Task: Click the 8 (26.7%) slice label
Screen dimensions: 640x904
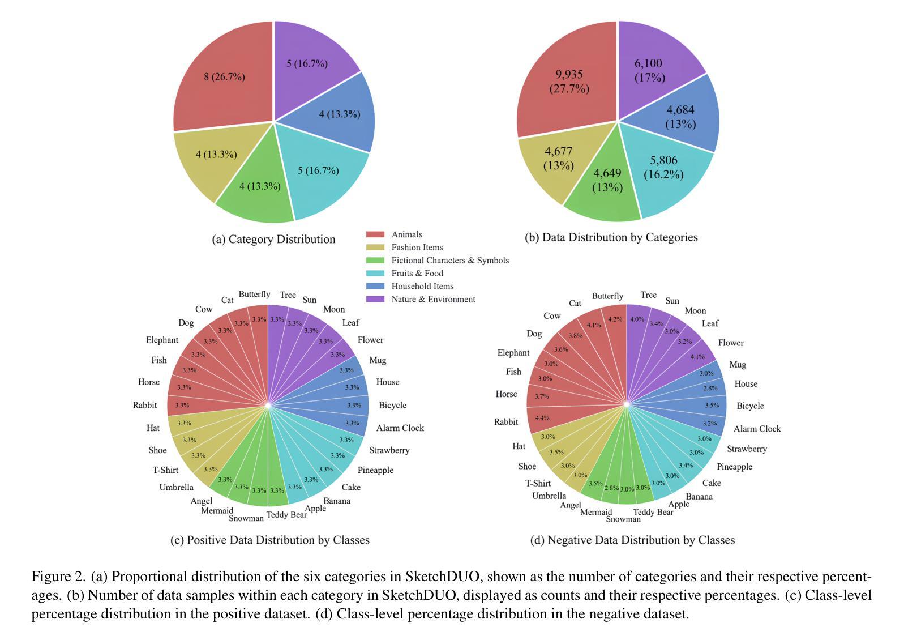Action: [224, 77]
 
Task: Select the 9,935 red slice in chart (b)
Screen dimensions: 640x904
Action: [568, 82]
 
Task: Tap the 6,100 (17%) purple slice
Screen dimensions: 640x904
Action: [649, 70]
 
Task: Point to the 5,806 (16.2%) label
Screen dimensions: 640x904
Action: [663, 168]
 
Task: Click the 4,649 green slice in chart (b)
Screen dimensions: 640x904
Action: [607, 180]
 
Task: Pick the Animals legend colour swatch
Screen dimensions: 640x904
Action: [375, 234]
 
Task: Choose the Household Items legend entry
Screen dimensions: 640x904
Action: [422, 287]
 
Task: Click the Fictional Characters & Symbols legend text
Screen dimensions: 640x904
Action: [450, 261]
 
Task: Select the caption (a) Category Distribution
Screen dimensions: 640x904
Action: [273, 240]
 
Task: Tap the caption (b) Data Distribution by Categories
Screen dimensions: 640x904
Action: [611, 237]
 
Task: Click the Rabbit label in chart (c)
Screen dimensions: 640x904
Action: [145, 406]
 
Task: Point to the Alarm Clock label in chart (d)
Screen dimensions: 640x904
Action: [757, 429]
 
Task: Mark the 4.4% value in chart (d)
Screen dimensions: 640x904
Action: [542, 418]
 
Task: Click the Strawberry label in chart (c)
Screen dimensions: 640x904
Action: [389, 451]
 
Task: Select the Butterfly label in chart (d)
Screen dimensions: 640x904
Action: [607, 296]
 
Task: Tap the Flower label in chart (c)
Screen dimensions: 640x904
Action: [370, 340]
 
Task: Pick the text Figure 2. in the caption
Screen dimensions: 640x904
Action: [58, 577]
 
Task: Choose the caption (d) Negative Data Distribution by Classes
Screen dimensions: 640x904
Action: [632, 540]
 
